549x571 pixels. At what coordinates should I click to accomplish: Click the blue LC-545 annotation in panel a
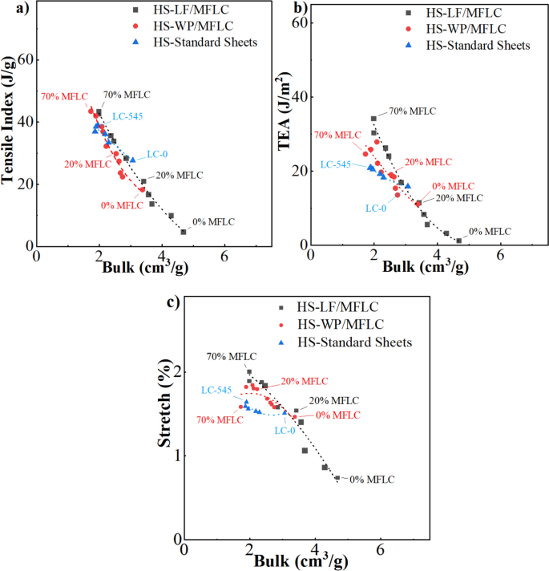(127, 115)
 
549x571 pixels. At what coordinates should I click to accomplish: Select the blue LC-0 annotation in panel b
(376, 208)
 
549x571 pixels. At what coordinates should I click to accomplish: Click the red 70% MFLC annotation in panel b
(337, 136)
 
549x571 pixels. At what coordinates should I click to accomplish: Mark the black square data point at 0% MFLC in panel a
(184, 232)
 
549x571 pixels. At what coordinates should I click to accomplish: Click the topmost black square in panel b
(373, 119)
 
